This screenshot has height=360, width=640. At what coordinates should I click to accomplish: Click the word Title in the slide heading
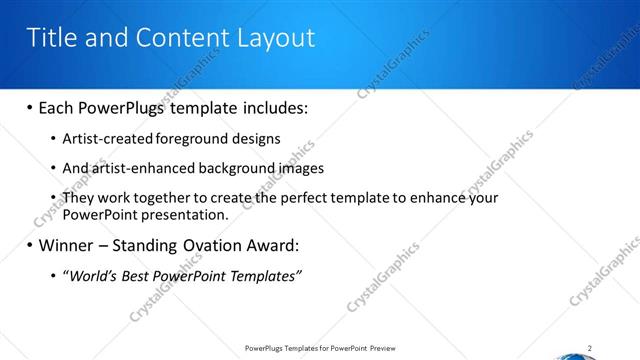50,38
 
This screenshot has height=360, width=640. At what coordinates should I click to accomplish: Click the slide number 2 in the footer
590,348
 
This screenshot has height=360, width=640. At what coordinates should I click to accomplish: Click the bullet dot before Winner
30,245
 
